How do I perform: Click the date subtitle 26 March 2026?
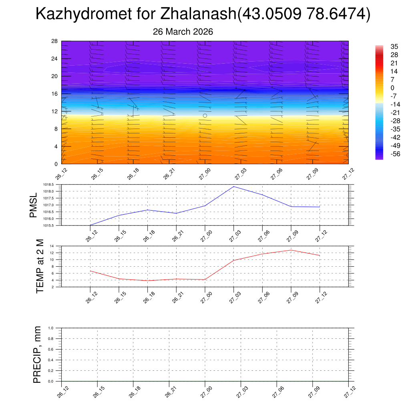click(183, 32)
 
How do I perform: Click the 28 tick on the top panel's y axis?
click(55, 41)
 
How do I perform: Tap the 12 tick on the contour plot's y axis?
click(55, 111)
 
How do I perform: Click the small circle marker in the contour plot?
click(205, 116)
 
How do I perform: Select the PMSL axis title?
click(34, 205)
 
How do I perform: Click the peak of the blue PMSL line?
click(234, 187)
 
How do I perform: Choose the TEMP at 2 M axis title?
click(40, 266)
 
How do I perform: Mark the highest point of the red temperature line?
click(291, 250)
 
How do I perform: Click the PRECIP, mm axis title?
click(37, 354)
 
